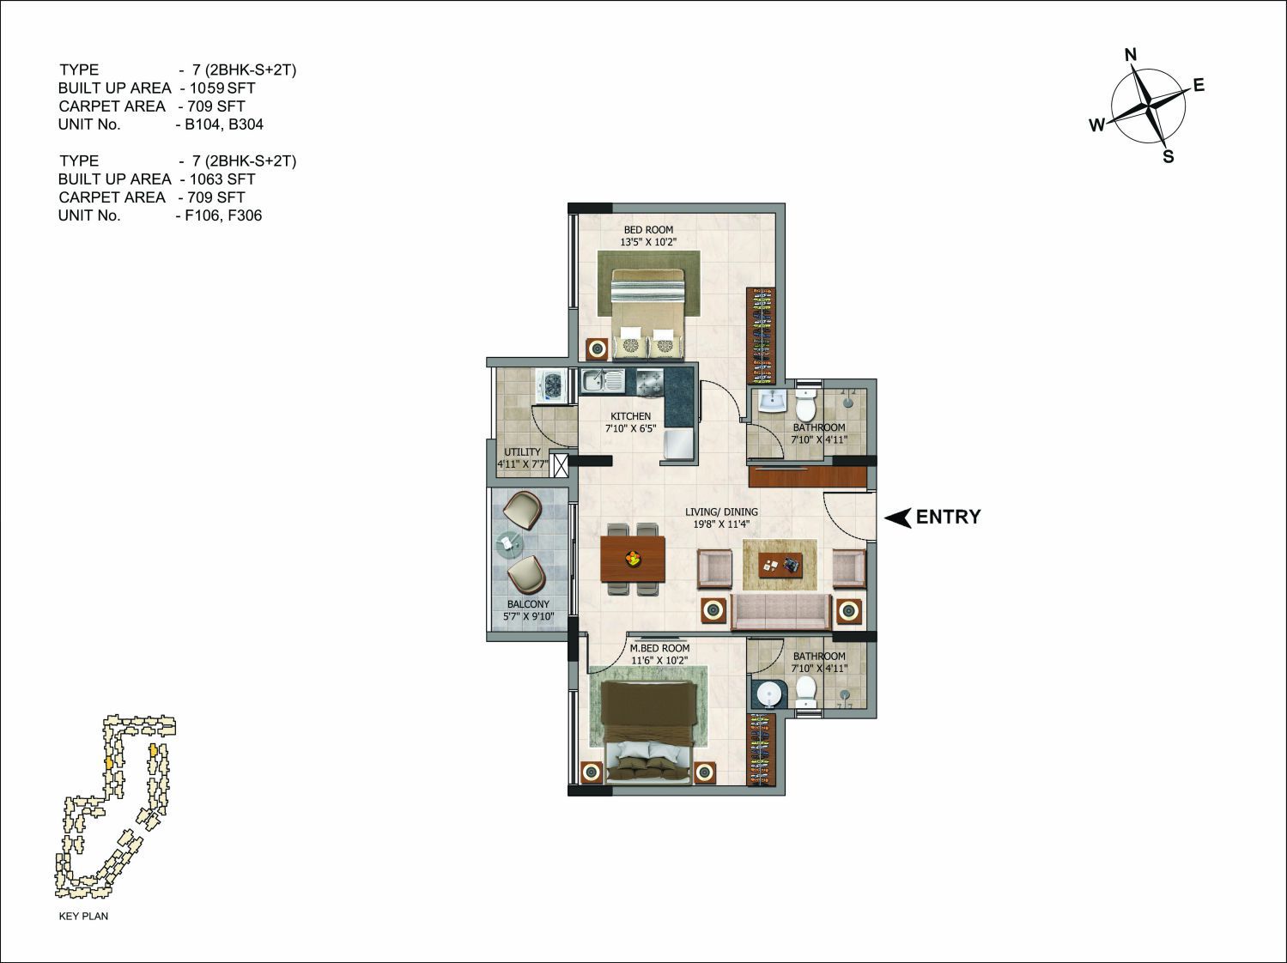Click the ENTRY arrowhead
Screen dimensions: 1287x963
click(x=898, y=517)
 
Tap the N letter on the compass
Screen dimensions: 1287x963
click(x=1131, y=55)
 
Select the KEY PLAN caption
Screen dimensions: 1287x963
click(x=83, y=916)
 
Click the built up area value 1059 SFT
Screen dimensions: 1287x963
click(x=222, y=88)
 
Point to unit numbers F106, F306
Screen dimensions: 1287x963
click(x=223, y=215)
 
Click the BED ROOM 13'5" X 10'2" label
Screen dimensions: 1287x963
click(x=648, y=236)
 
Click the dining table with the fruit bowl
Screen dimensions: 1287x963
click(x=634, y=559)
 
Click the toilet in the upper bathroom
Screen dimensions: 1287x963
click(x=806, y=403)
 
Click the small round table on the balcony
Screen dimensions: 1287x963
click(x=508, y=543)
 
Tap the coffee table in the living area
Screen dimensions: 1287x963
click(x=780, y=565)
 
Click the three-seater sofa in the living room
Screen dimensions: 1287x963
click(x=781, y=612)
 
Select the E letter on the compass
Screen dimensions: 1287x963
click(x=1199, y=86)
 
